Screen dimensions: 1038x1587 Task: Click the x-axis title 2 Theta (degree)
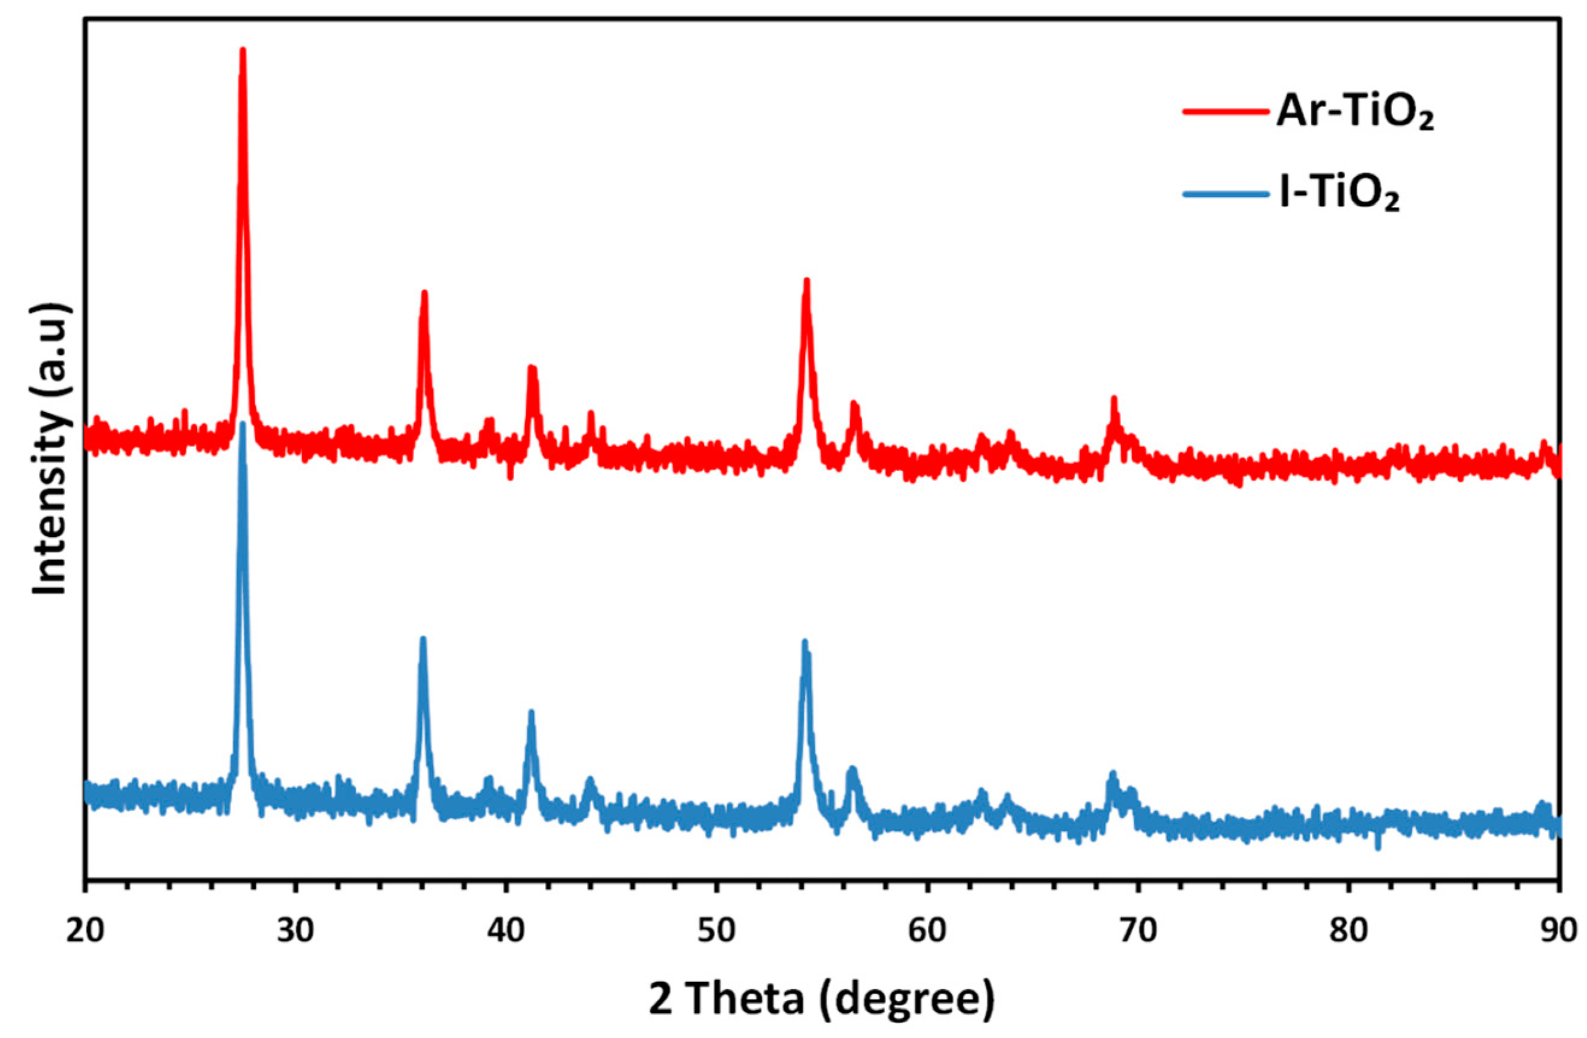(822, 998)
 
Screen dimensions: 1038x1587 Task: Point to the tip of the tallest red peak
(243, 50)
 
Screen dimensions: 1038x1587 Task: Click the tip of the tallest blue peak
(243, 424)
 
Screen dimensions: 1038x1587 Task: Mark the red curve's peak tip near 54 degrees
(807, 280)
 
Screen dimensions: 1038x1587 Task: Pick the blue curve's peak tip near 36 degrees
(422, 638)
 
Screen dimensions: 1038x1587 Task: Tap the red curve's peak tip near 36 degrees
(424, 292)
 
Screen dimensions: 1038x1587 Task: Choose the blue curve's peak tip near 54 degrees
(805, 641)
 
